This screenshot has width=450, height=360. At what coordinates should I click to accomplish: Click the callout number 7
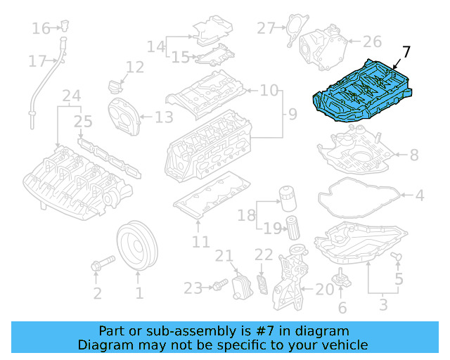point(406,52)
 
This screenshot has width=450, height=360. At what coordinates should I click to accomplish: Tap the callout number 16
point(41,29)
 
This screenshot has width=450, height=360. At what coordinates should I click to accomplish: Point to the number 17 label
point(37,62)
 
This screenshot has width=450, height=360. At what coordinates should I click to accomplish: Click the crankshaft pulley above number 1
point(138,247)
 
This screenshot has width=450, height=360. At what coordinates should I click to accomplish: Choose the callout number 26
point(371,41)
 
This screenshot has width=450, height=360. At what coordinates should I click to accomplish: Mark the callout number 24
point(71,95)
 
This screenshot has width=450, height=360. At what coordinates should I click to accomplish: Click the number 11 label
point(200,242)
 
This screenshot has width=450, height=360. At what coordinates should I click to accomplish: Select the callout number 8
point(413,155)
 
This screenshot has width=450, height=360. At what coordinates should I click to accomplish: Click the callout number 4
point(419,195)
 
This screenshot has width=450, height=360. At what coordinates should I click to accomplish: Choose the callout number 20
point(324,288)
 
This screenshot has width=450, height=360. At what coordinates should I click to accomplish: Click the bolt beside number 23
point(219,286)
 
